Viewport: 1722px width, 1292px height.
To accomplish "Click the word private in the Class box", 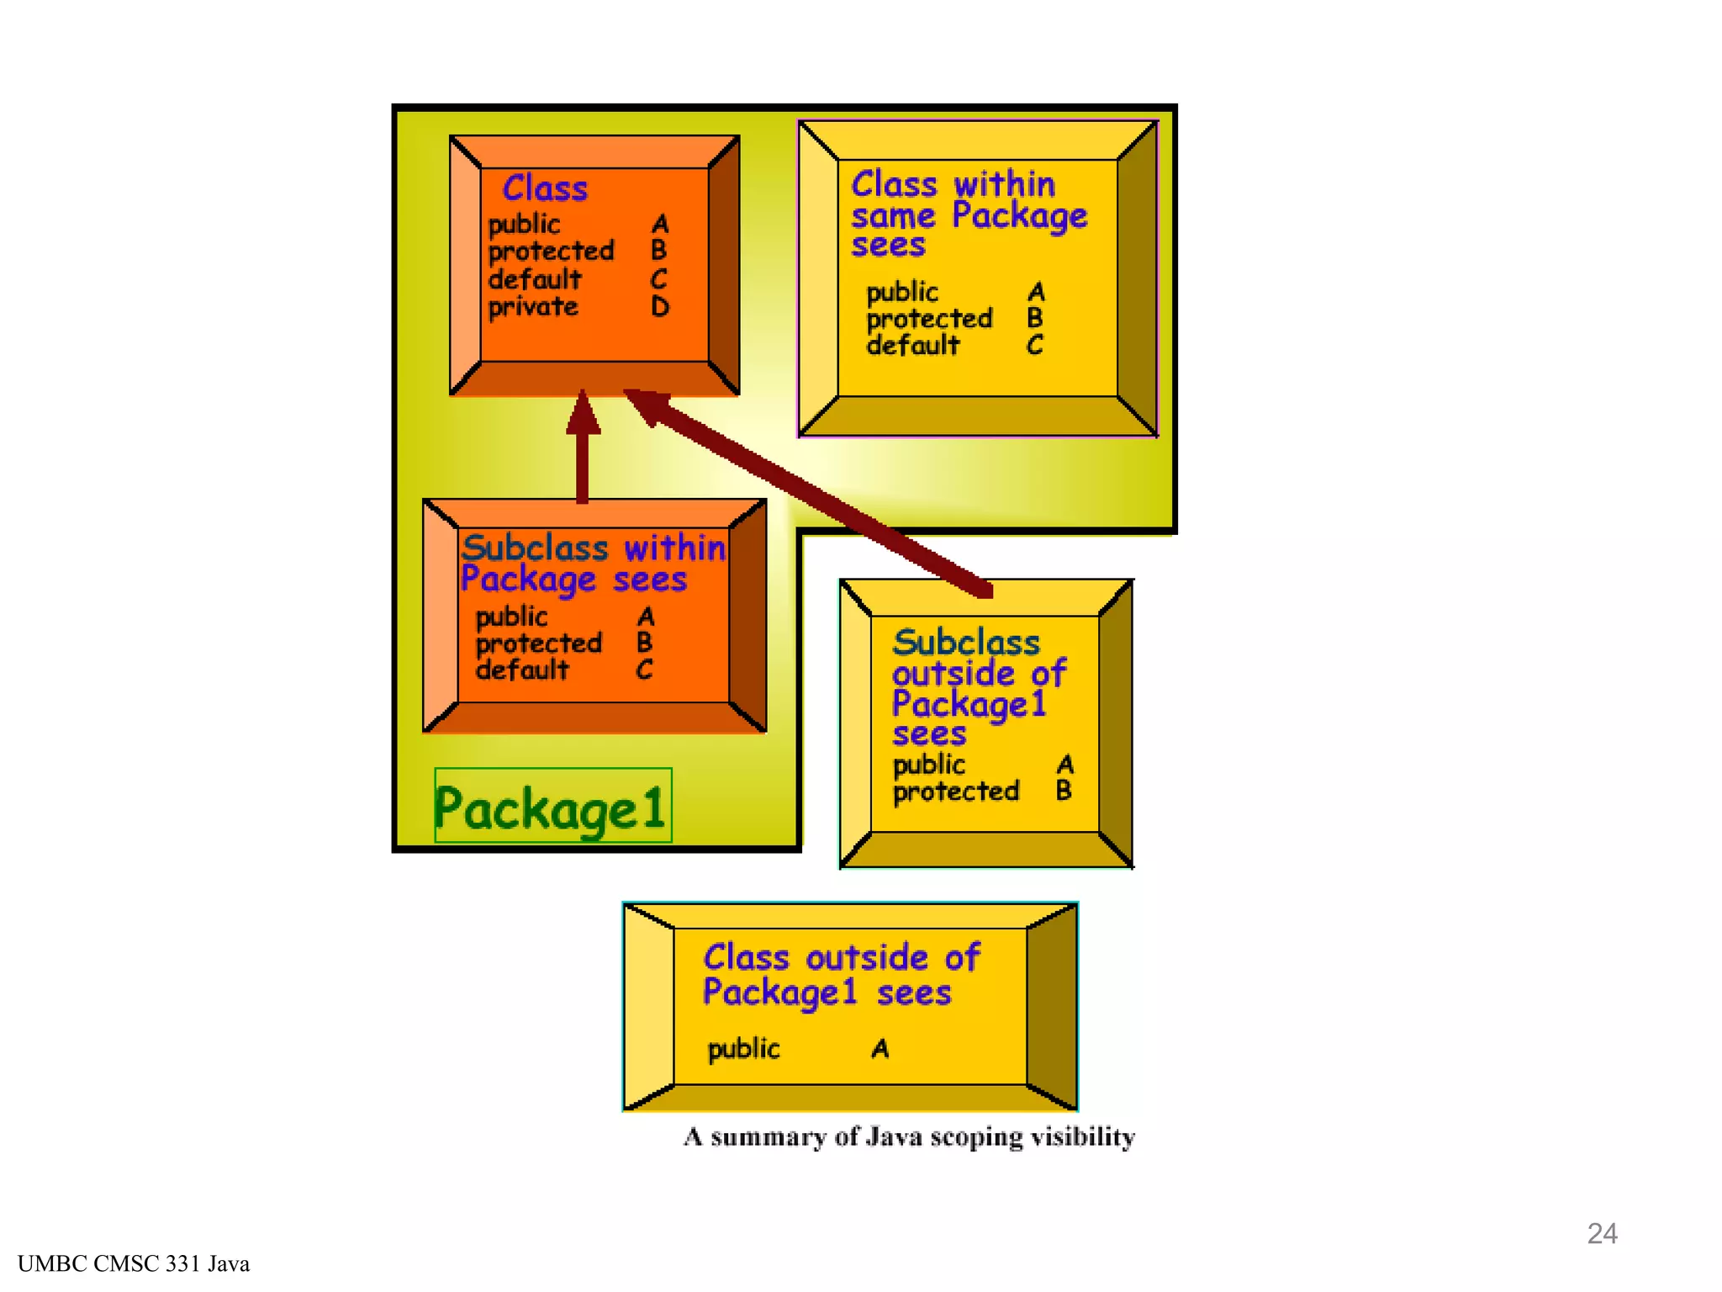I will (533, 307).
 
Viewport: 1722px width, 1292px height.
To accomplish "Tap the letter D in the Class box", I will (660, 307).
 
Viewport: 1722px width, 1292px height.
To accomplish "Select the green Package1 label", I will (552, 807).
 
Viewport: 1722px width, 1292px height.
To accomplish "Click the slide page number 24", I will (1602, 1233).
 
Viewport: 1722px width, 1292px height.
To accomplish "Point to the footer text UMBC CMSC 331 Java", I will (134, 1263).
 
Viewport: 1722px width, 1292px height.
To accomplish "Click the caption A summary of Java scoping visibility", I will (909, 1137).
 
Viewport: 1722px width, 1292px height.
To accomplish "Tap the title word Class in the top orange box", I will (545, 188).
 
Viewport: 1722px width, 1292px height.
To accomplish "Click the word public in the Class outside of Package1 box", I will (743, 1049).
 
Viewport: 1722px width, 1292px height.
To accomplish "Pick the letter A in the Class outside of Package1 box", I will (879, 1049).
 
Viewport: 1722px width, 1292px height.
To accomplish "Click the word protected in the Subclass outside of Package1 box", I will (955, 792).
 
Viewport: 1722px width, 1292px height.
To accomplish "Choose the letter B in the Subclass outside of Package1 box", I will (1064, 791).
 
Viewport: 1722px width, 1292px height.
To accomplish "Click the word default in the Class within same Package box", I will (912, 345).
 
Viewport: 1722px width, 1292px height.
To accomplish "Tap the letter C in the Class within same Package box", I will (1035, 345).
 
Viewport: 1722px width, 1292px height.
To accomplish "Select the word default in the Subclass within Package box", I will (522, 670).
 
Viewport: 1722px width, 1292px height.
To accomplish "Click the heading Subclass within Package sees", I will (592, 564).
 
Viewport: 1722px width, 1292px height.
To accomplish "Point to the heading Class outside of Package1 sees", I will (841, 975).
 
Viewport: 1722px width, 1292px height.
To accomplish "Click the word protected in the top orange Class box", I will (551, 251).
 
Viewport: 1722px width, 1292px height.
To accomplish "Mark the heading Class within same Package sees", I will (967, 214).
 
